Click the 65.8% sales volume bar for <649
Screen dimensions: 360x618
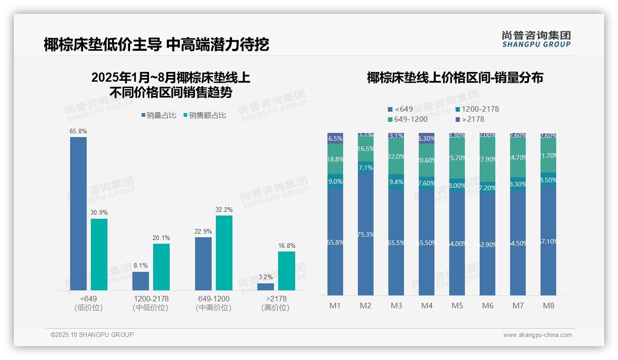[x=78, y=213]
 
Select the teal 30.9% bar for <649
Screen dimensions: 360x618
[x=99, y=254]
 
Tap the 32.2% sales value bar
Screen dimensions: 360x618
[x=224, y=252]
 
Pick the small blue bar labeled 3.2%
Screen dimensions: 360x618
[x=266, y=287]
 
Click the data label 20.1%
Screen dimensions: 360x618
[x=161, y=238]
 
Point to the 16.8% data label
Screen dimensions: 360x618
[x=286, y=246]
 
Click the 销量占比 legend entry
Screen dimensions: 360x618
[x=159, y=115]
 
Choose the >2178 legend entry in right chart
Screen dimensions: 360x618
[x=469, y=120]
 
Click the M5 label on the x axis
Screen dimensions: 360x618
[x=457, y=306]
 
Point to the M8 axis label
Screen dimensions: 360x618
[x=548, y=306]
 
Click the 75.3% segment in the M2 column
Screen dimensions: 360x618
[x=366, y=234]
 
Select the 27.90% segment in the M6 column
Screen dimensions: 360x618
[x=487, y=159]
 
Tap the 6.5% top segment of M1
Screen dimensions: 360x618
[x=335, y=138]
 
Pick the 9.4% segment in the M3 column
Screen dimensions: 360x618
[x=396, y=182]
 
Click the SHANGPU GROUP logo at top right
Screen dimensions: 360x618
[x=536, y=39]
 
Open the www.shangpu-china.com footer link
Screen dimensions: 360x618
[x=537, y=335]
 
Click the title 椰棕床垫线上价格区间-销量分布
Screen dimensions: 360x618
[x=455, y=78]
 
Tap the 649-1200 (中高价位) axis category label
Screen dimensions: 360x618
[x=213, y=303]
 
